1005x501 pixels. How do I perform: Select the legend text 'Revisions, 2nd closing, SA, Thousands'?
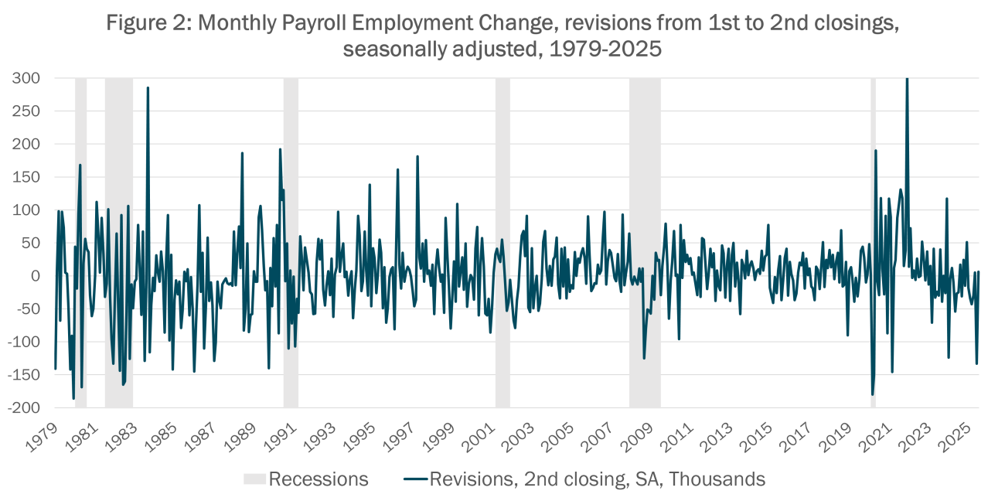click(x=597, y=479)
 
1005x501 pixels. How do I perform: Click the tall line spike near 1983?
click(x=148, y=87)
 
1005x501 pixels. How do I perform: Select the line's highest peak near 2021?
click(x=907, y=80)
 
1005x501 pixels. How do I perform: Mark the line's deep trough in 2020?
click(x=873, y=394)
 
